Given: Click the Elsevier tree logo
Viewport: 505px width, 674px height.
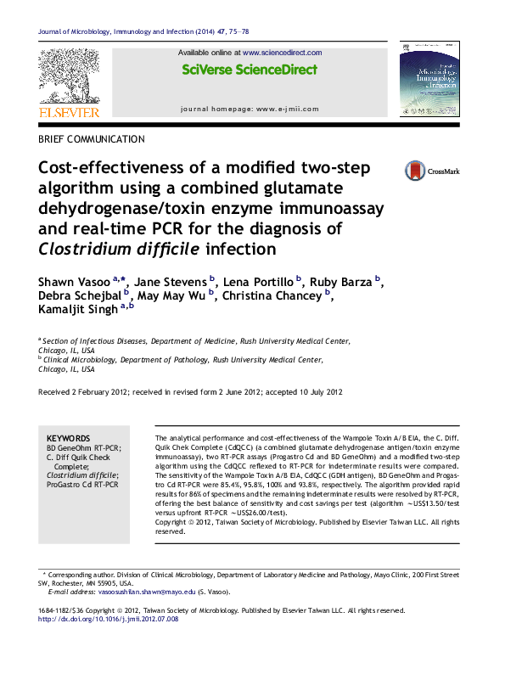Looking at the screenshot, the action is tap(69, 76).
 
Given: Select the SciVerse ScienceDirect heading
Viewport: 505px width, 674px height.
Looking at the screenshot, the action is tap(250, 70).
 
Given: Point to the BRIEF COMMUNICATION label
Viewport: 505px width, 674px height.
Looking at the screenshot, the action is tap(92, 138).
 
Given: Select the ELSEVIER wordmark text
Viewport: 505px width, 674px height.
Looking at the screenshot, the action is tap(69, 112).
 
